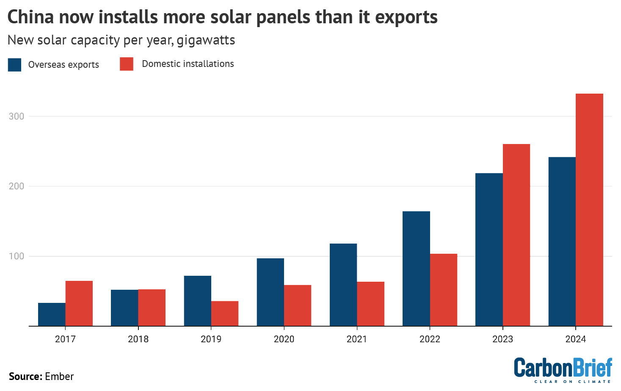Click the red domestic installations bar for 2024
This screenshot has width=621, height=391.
click(x=589, y=210)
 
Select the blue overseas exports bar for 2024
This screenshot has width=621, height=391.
click(x=562, y=241)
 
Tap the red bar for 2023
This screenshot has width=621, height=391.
click(x=516, y=235)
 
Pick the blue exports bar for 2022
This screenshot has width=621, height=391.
click(x=416, y=269)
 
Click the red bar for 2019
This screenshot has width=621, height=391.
click(x=225, y=313)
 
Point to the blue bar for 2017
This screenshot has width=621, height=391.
click(x=52, y=314)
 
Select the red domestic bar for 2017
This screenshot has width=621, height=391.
click(x=79, y=303)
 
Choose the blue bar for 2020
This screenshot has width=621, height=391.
click(x=270, y=292)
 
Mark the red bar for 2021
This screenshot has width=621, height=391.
click(x=370, y=304)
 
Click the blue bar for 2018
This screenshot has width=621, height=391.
click(x=124, y=308)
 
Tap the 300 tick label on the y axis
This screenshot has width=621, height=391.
click(x=17, y=116)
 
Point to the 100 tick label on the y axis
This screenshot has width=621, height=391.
click(x=17, y=256)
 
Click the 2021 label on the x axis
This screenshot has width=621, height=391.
click(x=357, y=339)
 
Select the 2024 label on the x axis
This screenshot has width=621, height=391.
click(x=576, y=339)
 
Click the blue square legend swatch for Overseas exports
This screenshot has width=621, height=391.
click(x=14, y=64)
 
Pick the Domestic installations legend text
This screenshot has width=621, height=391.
click(x=188, y=64)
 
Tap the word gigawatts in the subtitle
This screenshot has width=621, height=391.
click(x=206, y=40)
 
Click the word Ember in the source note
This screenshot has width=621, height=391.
click(x=59, y=377)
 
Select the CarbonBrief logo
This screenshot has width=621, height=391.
click(x=563, y=369)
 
